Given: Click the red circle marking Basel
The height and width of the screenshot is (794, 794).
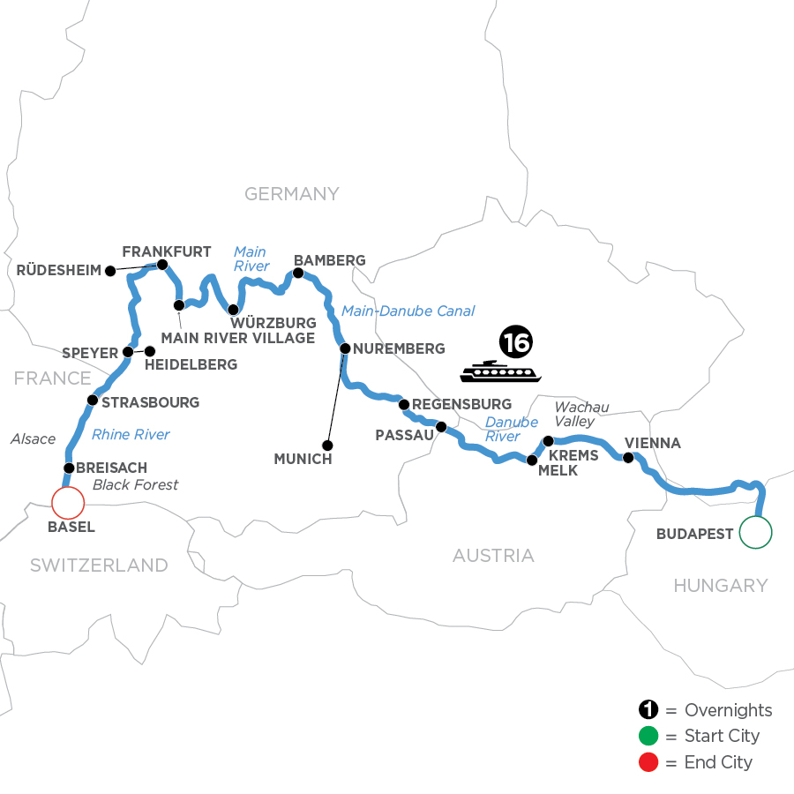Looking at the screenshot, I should pos(68,503).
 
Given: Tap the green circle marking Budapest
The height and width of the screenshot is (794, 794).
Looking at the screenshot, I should pos(755,531).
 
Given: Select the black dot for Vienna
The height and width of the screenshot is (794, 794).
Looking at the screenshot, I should pos(628,458).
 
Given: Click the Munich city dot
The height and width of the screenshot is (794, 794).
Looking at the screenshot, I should pos(327,445).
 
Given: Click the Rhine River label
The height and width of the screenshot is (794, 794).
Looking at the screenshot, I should pos(131,434).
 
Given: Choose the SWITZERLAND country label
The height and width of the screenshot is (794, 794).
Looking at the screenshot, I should pos(99,566).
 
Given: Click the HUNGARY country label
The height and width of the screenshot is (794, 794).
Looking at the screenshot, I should pos(720,585).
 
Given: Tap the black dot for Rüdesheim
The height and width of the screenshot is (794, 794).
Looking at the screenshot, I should pos(110,271).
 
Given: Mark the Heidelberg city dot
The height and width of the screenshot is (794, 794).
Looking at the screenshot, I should pos(149,351).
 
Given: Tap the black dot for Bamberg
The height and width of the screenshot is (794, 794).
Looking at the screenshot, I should pos(297,273).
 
